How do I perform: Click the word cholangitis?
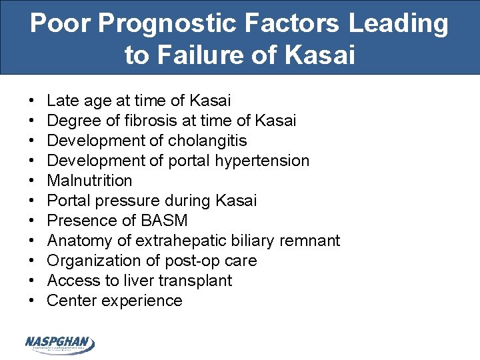[207, 141]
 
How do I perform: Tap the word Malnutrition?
[90, 181]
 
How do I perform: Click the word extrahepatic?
[179, 241]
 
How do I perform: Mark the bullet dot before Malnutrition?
[33, 181]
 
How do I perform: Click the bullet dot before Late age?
[33, 101]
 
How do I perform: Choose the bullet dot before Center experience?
[33, 301]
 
